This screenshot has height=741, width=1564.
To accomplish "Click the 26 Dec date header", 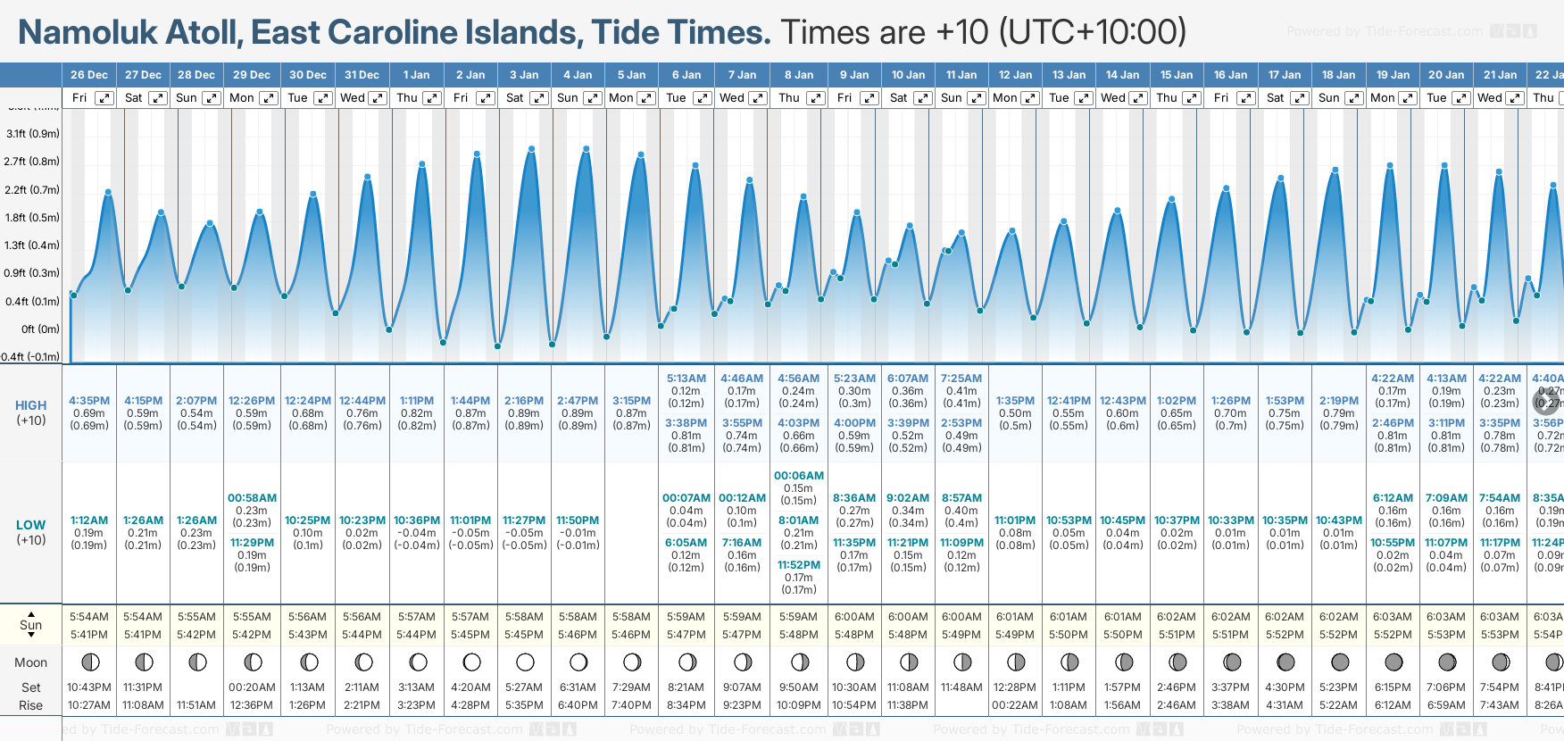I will [x=88, y=75].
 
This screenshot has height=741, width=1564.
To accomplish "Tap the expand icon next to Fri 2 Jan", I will [x=486, y=98].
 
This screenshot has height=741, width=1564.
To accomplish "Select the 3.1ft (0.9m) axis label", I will [x=33, y=134].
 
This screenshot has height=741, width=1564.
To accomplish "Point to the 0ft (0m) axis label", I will [x=40, y=329].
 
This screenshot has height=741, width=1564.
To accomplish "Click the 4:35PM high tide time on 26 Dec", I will [x=89, y=401].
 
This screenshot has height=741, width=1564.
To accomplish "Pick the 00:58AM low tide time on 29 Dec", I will [x=252, y=498].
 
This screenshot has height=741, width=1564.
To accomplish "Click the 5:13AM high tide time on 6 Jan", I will [x=686, y=379].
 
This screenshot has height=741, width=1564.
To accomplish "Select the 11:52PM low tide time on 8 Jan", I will [x=798, y=565].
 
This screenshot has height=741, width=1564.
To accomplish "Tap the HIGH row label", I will [x=30, y=405].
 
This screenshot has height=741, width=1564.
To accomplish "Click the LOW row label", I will [x=30, y=525].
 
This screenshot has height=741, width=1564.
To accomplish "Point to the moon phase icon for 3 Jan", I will [x=525, y=662].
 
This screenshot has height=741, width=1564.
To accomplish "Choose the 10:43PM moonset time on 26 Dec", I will [x=89, y=687].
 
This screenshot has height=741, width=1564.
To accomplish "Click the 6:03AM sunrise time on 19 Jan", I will [x=1393, y=617].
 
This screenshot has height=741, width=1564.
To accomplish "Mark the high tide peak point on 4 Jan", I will [x=586, y=149].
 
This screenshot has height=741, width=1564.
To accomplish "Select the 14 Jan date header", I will [x=1122, y=75].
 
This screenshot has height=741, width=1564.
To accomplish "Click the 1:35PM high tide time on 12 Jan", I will [x=1015, y=401].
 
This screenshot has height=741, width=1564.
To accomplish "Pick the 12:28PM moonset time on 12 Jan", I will [x=1015, y=687].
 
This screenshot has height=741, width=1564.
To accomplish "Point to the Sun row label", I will [x=30, y=625].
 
